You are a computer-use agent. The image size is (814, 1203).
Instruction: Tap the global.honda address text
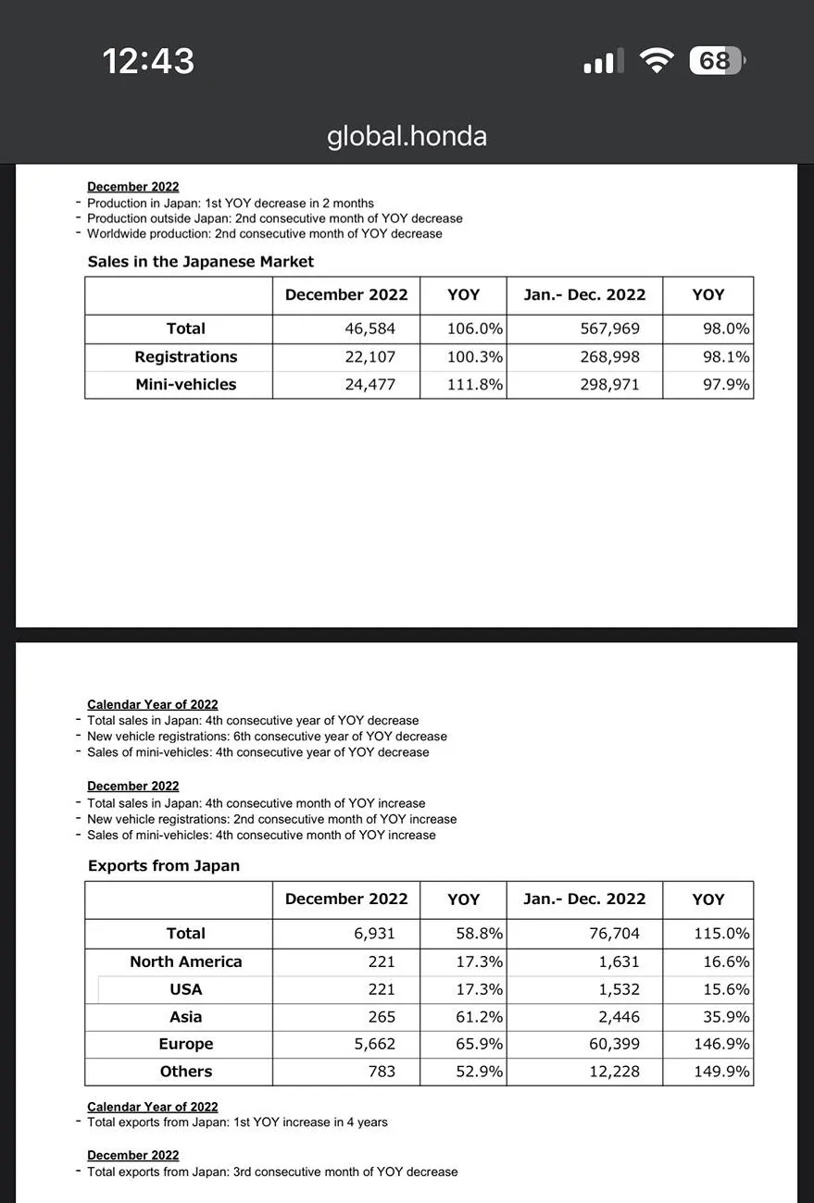coord(407,136)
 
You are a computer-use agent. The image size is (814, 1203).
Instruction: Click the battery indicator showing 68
coord(716,61)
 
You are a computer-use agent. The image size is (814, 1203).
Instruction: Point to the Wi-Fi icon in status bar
coord(657,61)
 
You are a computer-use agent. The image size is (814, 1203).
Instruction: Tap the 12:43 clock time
coord(148,61)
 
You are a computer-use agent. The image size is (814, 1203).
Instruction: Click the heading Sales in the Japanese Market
coord(200,262)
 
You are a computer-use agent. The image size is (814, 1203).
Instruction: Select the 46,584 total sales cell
coord(369,329)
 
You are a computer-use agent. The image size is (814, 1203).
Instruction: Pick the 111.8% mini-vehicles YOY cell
coord(474,384)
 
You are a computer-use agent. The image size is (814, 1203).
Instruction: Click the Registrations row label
coord(185,356)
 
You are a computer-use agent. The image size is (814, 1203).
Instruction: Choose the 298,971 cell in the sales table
coord(609,384)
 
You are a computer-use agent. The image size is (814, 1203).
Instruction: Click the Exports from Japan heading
coord(163,866)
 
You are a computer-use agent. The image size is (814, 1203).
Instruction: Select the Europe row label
coord(185,1044)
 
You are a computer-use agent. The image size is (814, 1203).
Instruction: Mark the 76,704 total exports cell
coord(614,933)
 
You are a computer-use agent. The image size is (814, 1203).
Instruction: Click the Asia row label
coord(185,1016)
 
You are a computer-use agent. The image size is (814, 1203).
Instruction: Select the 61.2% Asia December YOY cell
coord(479,1016)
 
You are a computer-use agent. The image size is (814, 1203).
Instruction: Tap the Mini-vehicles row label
coord(185,384)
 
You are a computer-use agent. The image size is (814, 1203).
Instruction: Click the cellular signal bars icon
coord(599,62)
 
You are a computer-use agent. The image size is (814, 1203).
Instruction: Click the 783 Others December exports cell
coord(381,1072)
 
